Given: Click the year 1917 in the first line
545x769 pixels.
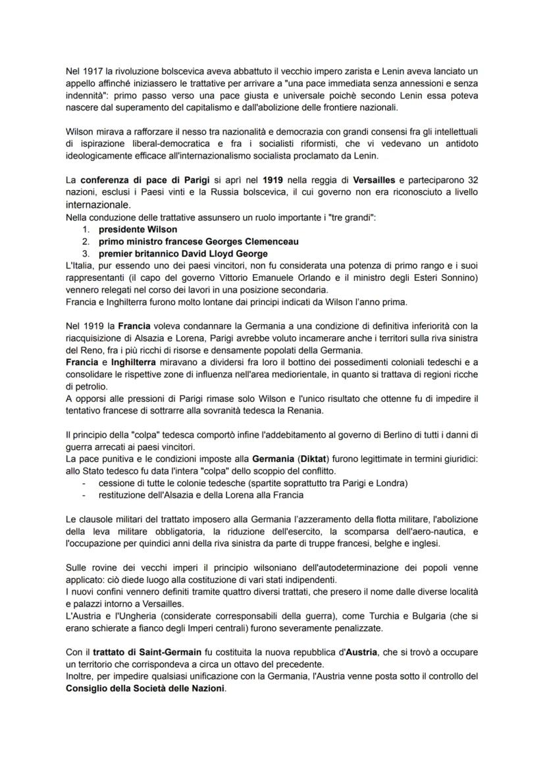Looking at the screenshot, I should pos(90,70).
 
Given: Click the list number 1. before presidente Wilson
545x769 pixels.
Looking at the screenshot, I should pos(86,230).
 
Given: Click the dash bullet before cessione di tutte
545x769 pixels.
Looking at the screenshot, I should pos(84,484).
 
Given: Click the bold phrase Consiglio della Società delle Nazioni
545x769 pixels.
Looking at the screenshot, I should pos(145,689).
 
